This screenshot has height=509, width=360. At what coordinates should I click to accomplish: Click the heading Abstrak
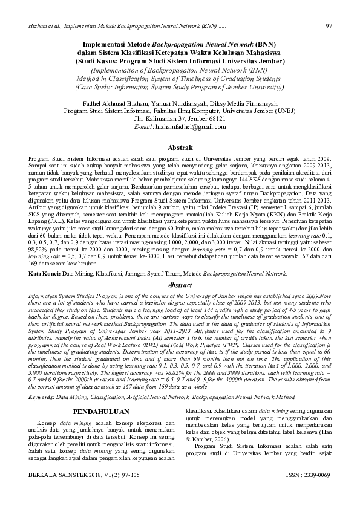click(180, 148)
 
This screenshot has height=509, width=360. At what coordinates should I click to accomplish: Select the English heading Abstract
click(180, 284)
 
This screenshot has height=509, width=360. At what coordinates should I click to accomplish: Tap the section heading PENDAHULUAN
click(99, 412)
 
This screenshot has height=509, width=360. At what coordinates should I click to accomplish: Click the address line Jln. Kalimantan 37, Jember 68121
click(180, 119)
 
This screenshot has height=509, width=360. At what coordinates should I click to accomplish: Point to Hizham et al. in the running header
click(43, 26)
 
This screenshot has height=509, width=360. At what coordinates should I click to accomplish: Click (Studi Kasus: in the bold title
click(100, 60)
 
